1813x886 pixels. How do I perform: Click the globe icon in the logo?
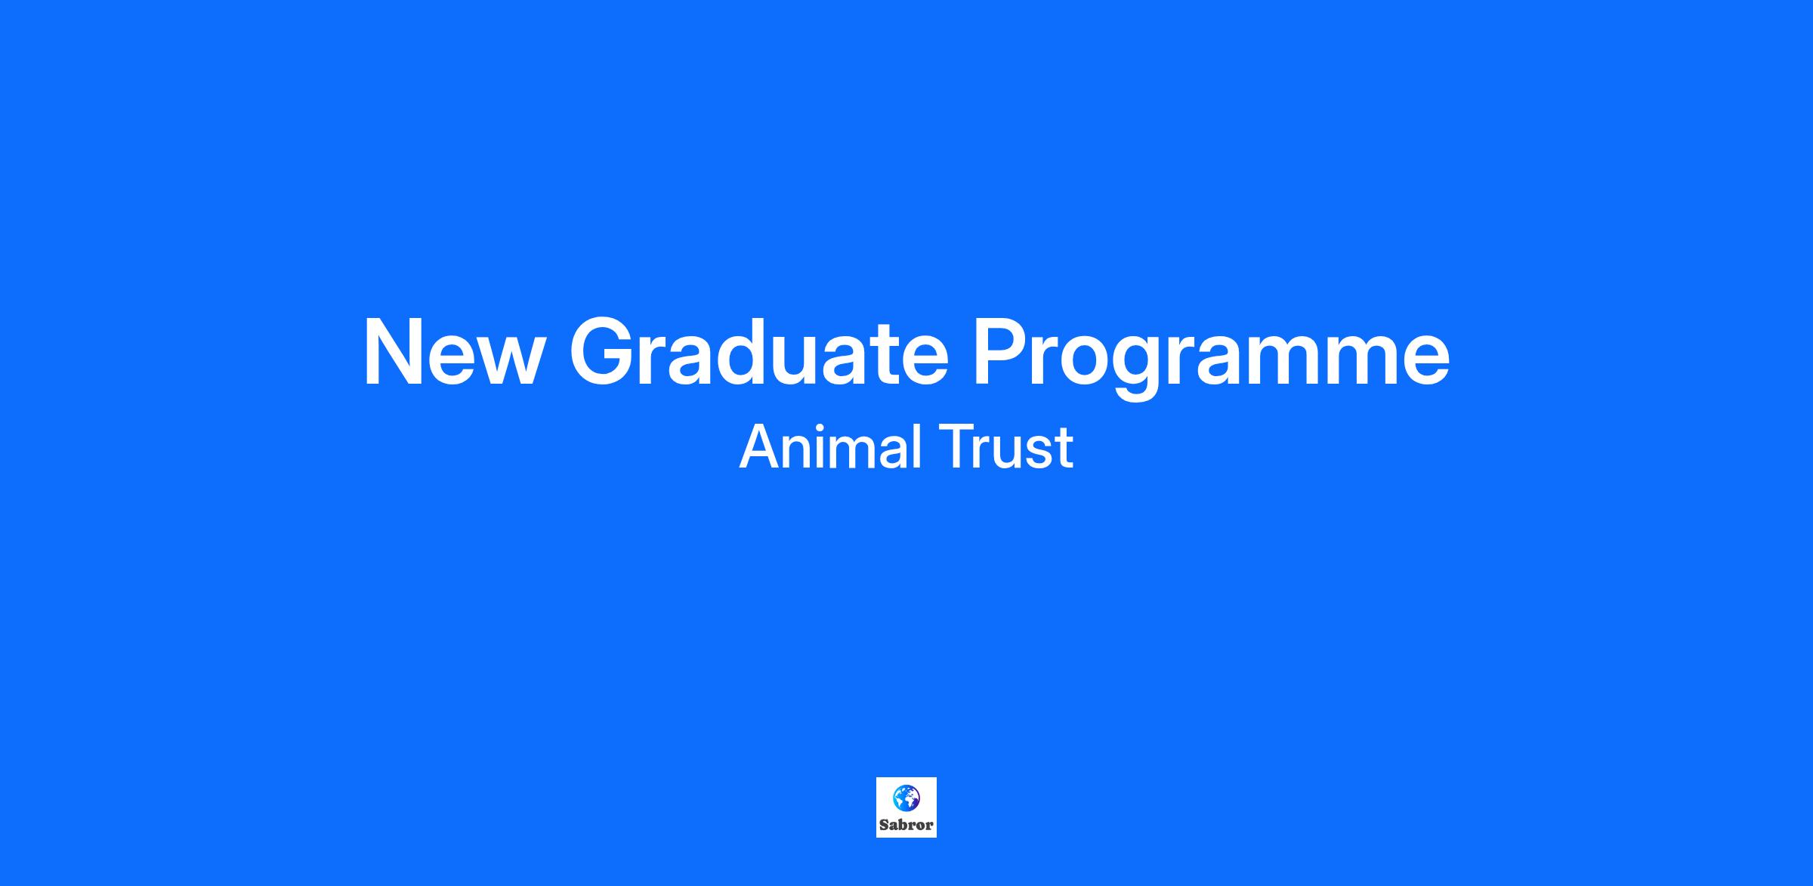(x=906, y=796)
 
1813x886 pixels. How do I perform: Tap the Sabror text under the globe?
(x=906, y=825)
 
